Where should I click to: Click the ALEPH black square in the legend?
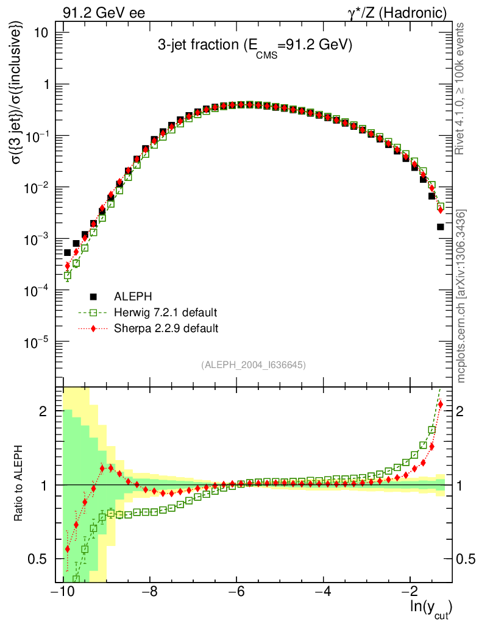(x=94, y=297)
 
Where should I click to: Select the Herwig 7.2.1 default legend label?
(x=165, y=313)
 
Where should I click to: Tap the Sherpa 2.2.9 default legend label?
(x=166, y=328)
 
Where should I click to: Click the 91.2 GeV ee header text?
(x=104, y=13)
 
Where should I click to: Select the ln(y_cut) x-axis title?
(x=430, y=607)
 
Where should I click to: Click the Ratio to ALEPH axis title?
(x=19, y=484)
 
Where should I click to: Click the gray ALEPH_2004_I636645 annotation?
(x=254, y=364)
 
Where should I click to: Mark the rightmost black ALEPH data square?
(x=441, y=227)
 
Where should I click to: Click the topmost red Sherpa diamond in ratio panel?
(x=441, y=405)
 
